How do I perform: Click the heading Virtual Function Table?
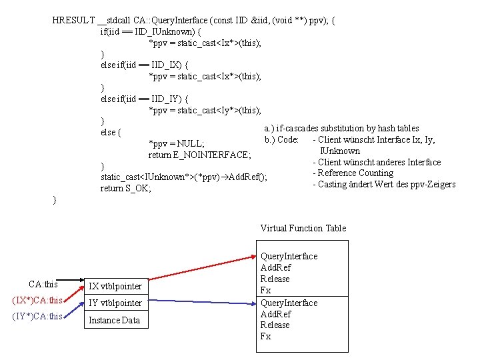303,228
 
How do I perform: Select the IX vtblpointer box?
116,286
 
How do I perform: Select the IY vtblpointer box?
116,303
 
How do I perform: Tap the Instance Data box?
114,320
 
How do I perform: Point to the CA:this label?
43,284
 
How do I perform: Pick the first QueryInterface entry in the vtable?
289,256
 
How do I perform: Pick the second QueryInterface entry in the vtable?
289,303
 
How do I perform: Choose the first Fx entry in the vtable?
265,291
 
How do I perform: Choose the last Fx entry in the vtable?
265,337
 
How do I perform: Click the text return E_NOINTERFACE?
199,155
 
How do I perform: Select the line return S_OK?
126,189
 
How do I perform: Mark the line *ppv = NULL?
176,143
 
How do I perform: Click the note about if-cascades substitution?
341,128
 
